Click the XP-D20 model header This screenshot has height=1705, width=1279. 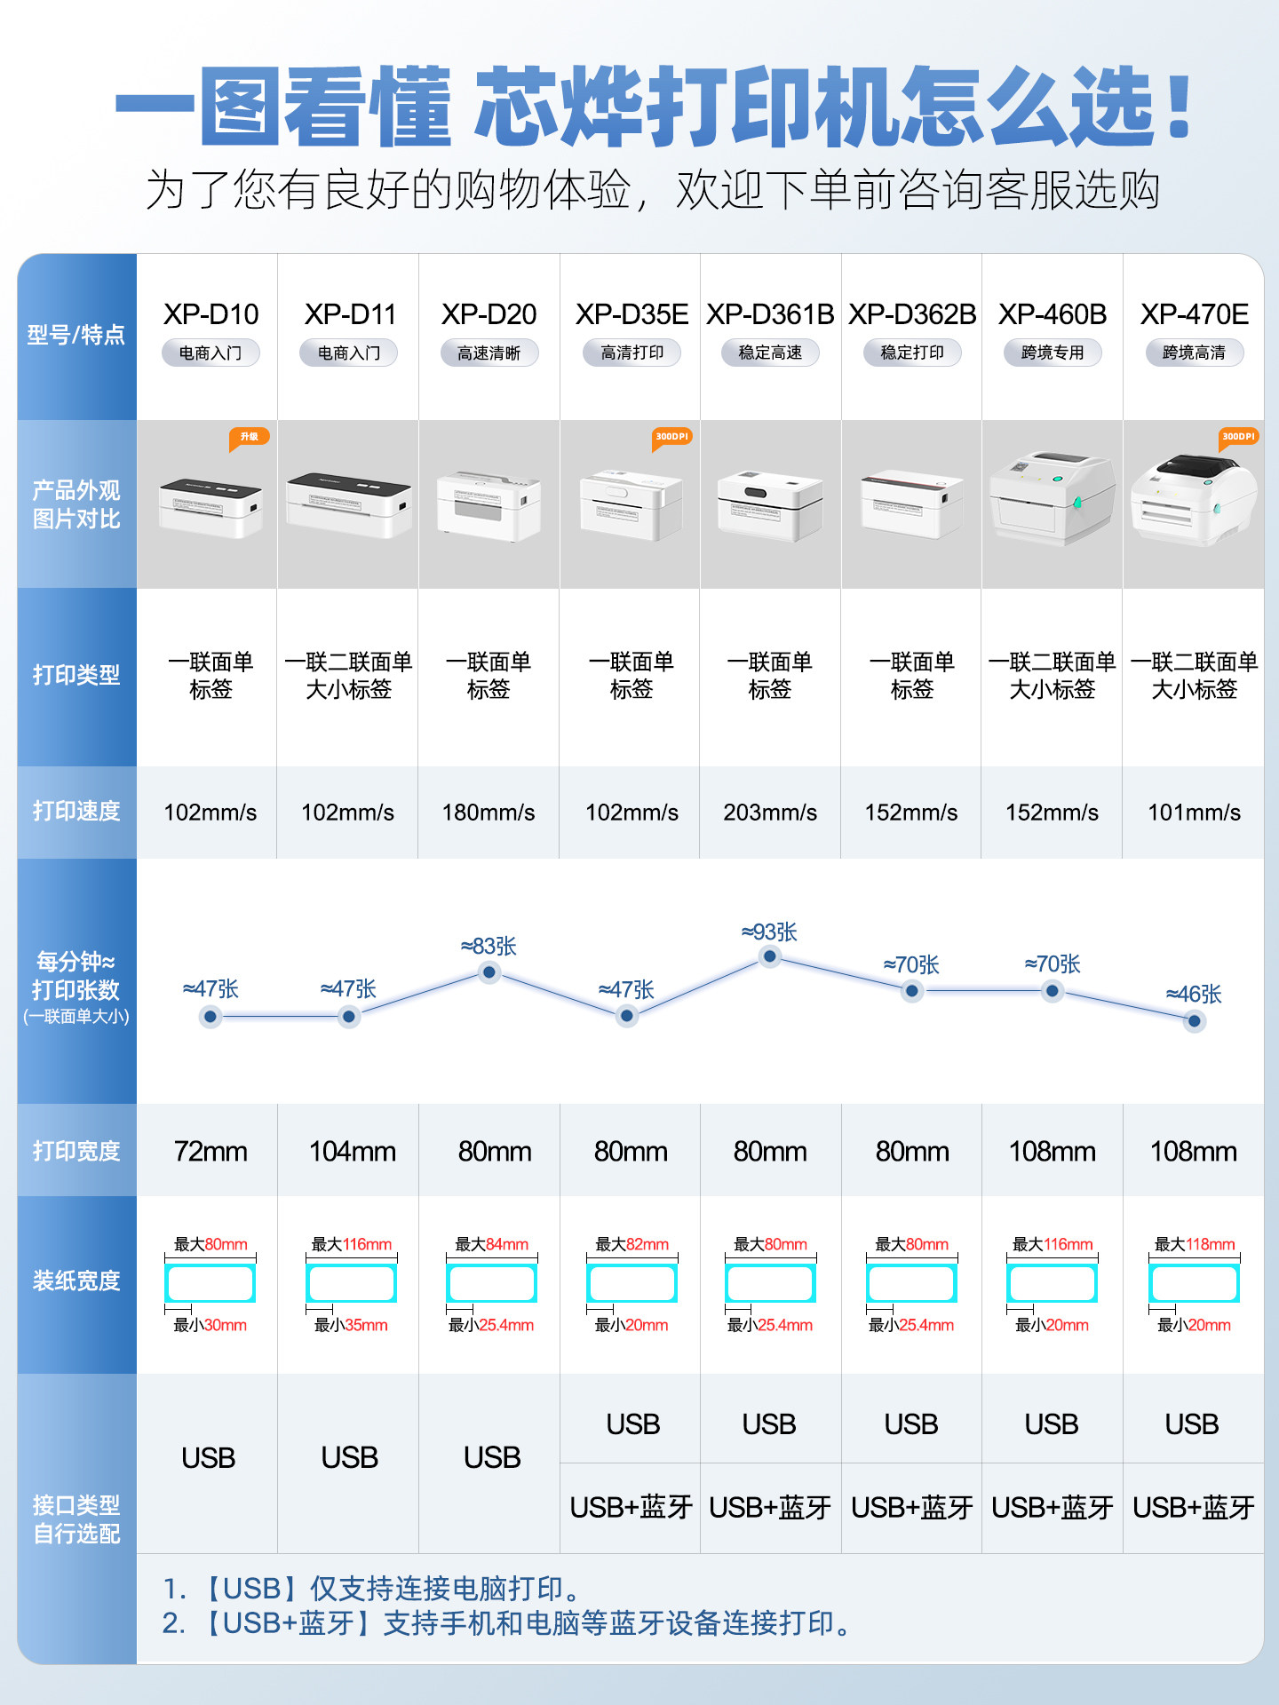pyautogui.click(x=489, y=314)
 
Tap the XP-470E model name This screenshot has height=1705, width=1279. pyautogui.click(x=1194, y=314)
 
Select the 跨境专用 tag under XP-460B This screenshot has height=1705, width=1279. pyautogui.click(x=1053, y=353)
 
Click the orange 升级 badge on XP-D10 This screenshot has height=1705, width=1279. pyautogui.click(x=249, y=437)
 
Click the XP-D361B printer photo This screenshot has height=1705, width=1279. pyautogui.click(x=770, y=504)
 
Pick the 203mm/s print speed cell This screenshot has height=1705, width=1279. pyautogui.click(x=770, y=813)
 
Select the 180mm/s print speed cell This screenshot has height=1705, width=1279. pyautogui.click(x=489, y=813)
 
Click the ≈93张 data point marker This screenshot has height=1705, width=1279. pyautogui.click(x=770, y=956)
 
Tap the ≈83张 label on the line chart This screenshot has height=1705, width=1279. pyautogui.click(x=489, y=946)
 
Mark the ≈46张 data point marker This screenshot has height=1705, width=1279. pyautogui.click(x=1195, y=1021)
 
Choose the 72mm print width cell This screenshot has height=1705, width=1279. pyautogui.click(x=211, y=1152)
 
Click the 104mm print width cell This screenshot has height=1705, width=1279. pyautogui.click(x=352, y=1152)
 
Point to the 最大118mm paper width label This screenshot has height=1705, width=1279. pyautogui.click(x=1195, y=1244)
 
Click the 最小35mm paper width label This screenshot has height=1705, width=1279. pyautogui.click(x=351, y=1325)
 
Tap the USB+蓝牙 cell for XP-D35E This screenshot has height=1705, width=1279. pyautogui.click(x=631, y=1507)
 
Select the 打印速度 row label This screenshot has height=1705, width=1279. pyautogui.click(x=76, y=811)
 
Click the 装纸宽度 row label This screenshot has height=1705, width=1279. pyautogui.click(x=76, y=1281)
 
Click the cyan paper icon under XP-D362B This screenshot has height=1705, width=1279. pyautogui.click(x=911, y=1283)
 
